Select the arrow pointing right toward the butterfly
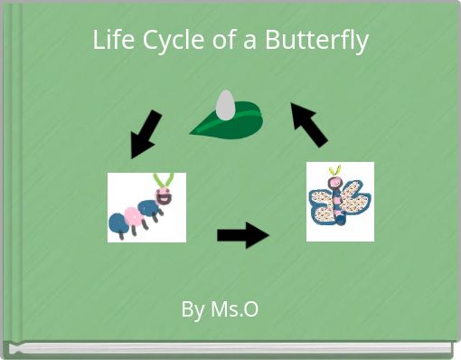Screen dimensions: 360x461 [242, 236]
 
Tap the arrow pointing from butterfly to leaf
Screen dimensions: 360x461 [309, 124]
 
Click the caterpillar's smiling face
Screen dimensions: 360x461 [165, 195]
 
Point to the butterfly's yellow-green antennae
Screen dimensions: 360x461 [335, 171]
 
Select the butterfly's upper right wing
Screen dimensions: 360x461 [356, 193]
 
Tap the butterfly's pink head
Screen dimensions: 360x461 [336, 183]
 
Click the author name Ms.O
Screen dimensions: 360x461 [234, 309]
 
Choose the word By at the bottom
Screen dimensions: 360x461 [193, 309]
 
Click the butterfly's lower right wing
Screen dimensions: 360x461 [353, 214]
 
